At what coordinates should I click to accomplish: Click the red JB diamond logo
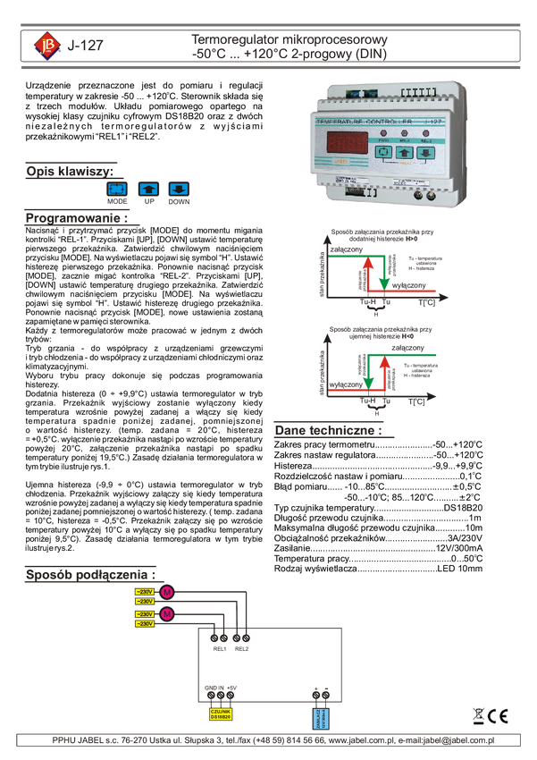(46, 45)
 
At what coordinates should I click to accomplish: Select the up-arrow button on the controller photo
(405, 152)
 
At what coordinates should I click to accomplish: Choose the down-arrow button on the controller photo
(427, 152)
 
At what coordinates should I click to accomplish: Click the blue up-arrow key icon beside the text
(149, 190)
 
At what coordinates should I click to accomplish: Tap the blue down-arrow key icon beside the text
(179, 190)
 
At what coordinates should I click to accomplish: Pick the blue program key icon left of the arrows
(117, 190)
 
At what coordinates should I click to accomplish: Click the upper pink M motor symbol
(167, 594)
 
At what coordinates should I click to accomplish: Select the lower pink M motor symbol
(167, 614)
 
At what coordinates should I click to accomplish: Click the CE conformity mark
(499, 716)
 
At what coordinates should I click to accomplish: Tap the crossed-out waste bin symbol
(479, 716)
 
